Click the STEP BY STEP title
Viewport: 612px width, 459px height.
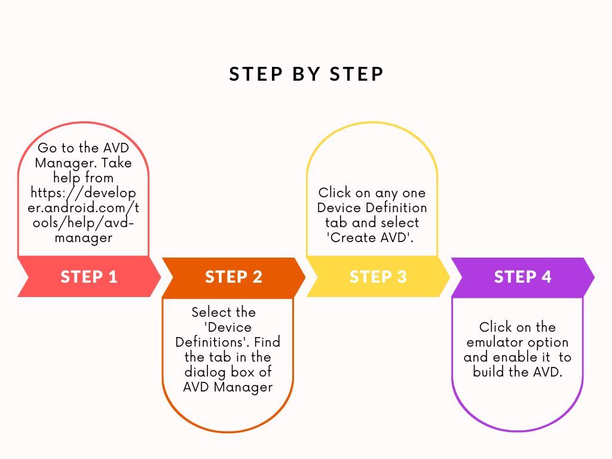click(x=306, y=74)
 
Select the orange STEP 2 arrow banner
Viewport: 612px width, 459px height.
click(x=233, y=277)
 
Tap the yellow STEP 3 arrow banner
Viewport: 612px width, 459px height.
click(x=378, y=277)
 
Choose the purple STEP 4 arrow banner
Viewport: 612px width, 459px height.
click(x=522, y=277)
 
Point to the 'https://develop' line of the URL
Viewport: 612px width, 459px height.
click(x=84, y=193)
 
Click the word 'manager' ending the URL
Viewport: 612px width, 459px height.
click(x=84, y=238)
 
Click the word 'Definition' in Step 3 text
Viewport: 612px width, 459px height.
click(x=396, y=208)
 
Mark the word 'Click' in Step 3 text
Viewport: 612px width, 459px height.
click(x=334, y=193)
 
